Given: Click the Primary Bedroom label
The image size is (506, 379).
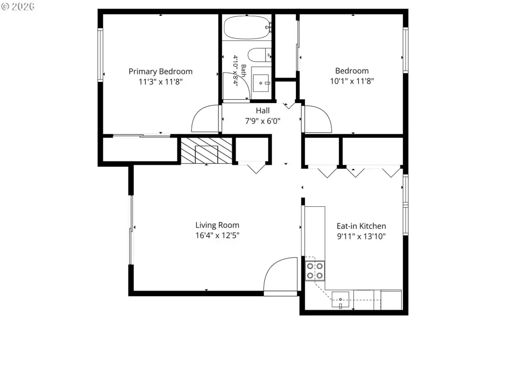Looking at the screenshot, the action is click(161, 72).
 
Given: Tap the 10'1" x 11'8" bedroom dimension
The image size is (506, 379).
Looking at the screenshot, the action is click(352, 81).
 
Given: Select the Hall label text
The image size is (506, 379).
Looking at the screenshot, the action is click(263, 111).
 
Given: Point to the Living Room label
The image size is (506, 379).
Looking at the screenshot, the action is click(217, 225).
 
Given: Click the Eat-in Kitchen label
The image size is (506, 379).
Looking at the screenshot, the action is click(361, 226).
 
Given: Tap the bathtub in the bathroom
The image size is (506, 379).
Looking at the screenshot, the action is click(247, 28).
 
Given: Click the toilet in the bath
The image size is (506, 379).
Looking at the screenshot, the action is click(259, 55).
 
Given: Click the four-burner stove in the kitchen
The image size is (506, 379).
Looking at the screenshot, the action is click(315, 271).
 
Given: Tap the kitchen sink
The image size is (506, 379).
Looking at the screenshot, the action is click(340, 300).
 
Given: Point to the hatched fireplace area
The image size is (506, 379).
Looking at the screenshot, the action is click(207, 151).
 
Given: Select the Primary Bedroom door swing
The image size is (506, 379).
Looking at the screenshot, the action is click(206, 118).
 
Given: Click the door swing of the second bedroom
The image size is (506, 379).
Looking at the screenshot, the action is click(318, 119).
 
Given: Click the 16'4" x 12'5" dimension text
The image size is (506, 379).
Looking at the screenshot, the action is click(217, 235).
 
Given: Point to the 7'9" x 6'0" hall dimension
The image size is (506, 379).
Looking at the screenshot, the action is click(263, 121).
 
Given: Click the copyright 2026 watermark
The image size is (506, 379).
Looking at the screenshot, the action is click(18, 6).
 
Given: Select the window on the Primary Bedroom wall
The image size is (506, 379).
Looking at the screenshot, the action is click(100, 55).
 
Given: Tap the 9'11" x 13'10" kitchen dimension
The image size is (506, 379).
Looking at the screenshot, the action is click(361, 236).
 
